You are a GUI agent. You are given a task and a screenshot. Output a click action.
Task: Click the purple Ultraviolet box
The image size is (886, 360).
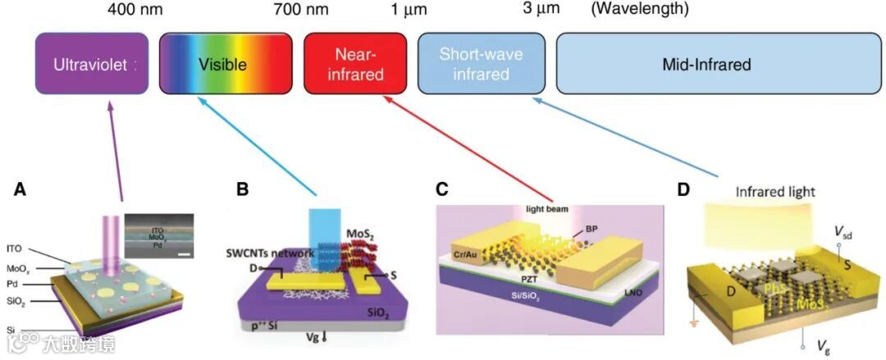92,65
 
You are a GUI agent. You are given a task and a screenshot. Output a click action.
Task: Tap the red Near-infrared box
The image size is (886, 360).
354,65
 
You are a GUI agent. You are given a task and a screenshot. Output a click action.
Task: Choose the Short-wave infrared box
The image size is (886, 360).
480,65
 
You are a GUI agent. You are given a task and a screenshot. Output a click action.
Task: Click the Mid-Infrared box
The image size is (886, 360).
706,65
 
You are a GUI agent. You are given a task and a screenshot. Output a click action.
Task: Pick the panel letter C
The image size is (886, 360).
442,190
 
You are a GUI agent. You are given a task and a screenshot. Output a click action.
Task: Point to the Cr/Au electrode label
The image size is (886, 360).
468,254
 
